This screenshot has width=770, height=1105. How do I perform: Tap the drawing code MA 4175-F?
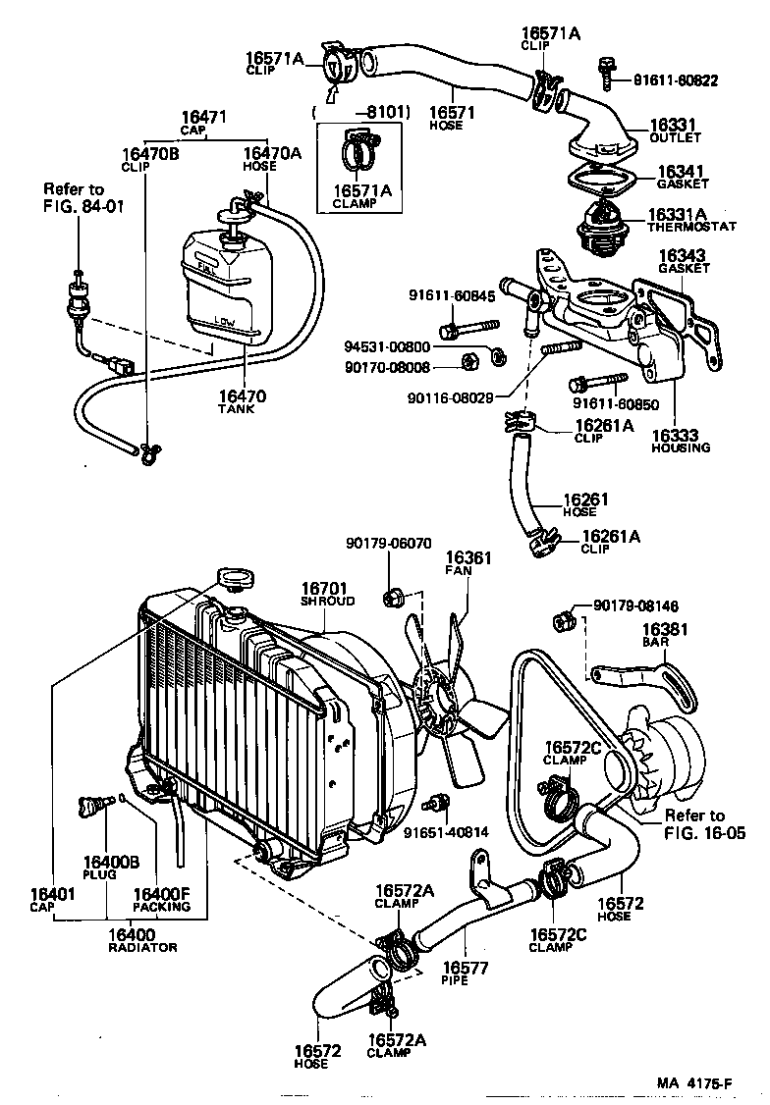pos(693,1083)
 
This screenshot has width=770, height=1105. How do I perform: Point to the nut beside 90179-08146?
pos(564,619)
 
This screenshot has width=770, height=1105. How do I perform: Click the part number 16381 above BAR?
pos(666,630)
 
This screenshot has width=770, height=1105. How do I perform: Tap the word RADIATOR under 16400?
pos(142,947)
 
